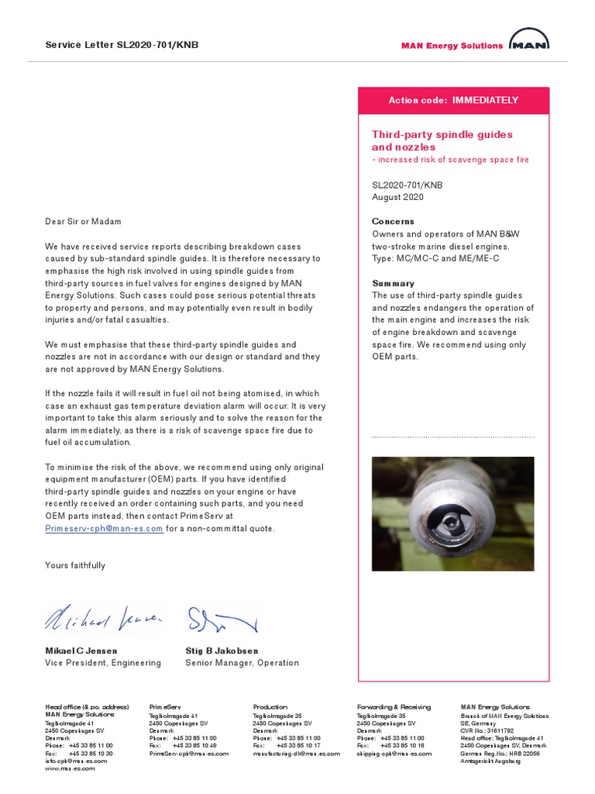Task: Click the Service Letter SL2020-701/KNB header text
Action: point(122,45)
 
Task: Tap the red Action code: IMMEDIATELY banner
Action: point(453,101)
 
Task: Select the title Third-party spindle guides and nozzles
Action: point(442,140)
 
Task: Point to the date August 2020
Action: point(397,197)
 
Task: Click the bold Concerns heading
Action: point(393,222)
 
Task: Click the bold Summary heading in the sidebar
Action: point(393,284)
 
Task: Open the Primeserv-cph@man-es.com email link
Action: point(105,529)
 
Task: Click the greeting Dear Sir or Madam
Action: point(83,222)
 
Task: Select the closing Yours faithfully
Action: point(75,565)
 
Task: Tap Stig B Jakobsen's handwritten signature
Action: point(221,618)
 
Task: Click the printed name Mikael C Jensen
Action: point(81,651)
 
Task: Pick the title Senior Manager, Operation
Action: point(242,663)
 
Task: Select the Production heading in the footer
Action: point(270,707)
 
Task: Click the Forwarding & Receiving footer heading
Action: point(394,707)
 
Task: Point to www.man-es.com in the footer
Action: point(66,768)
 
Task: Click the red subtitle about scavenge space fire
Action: point(450,160)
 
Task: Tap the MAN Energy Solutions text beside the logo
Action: point(452,46)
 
